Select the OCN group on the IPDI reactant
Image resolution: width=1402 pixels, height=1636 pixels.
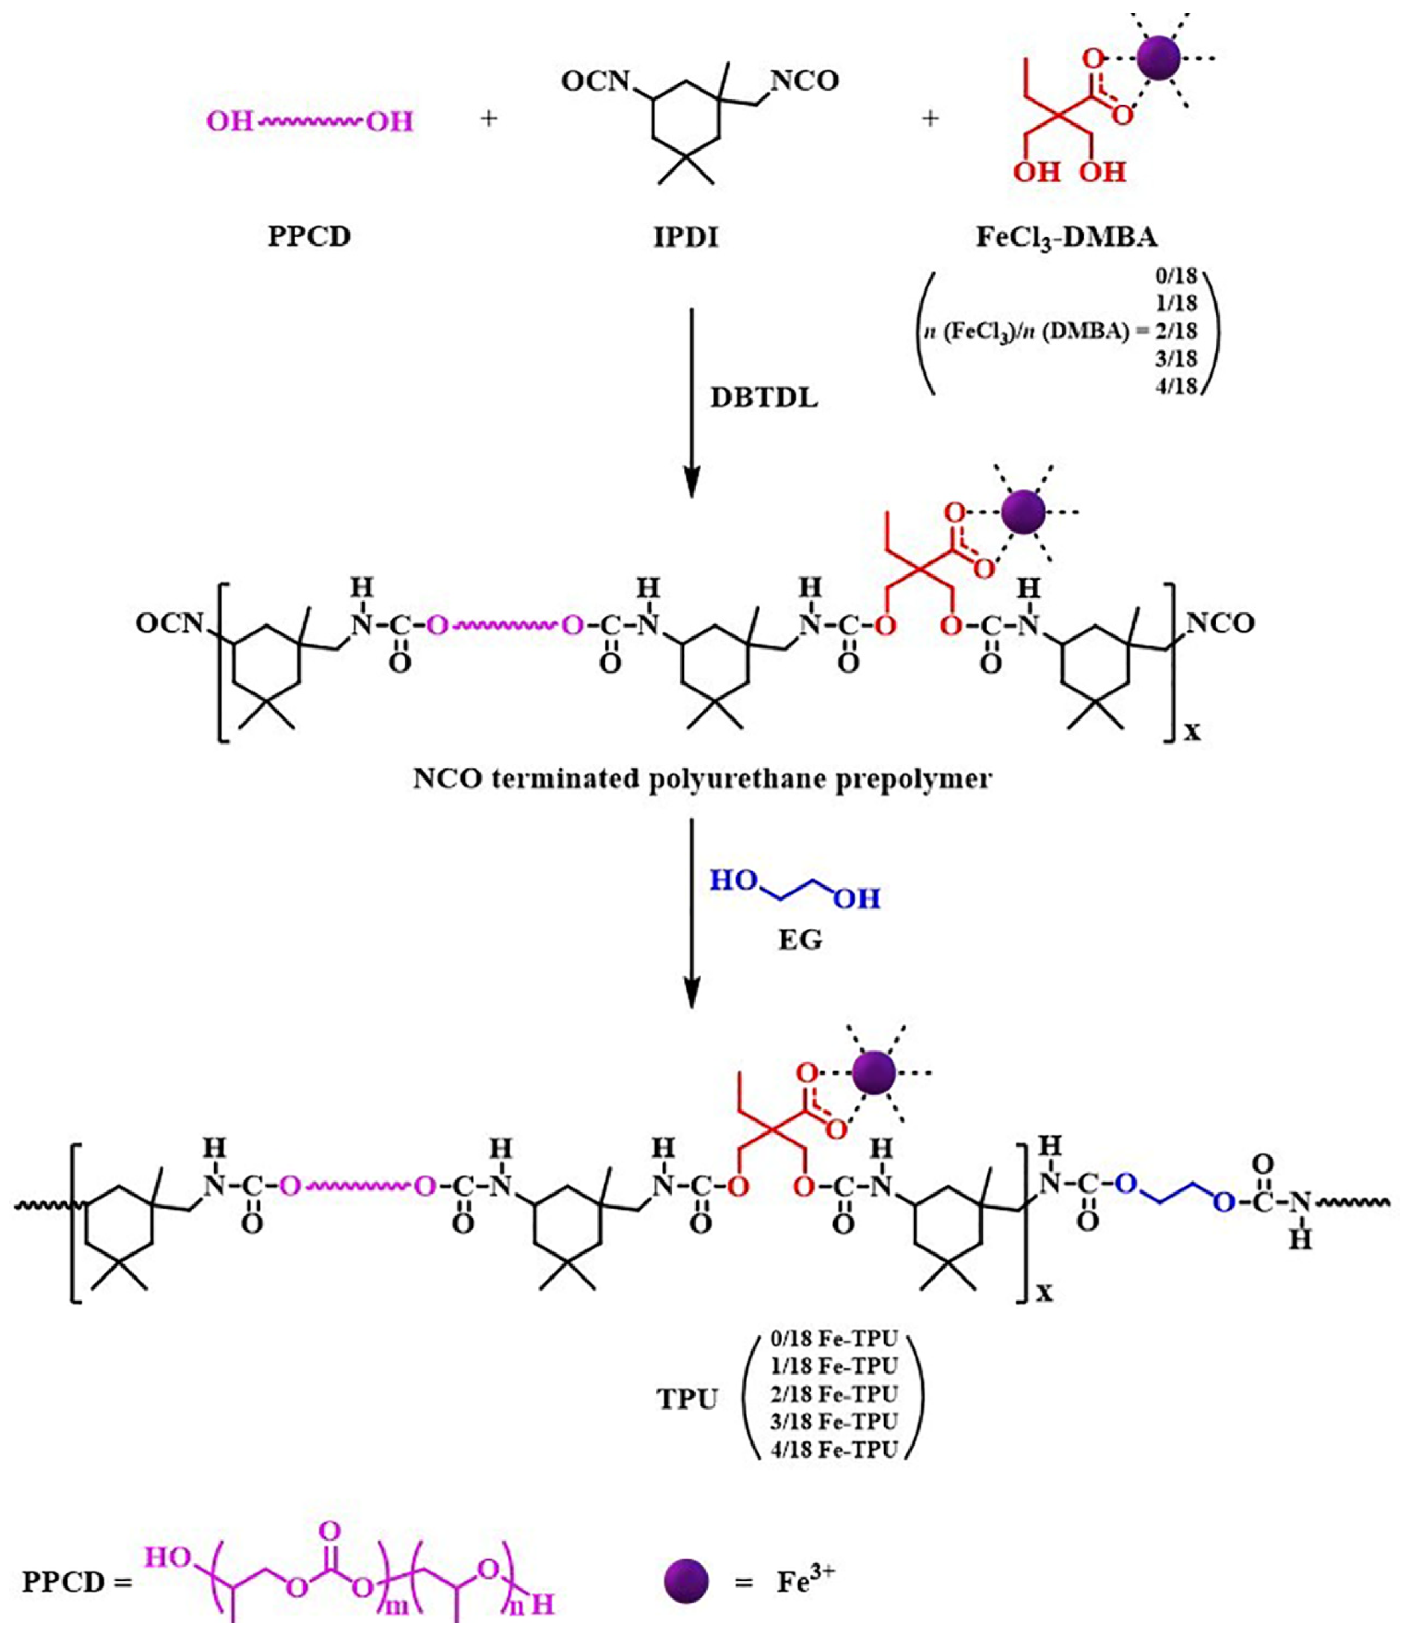595,81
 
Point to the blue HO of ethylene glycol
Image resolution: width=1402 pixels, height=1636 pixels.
734,881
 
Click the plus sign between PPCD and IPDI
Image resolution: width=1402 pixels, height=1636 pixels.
489,119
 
